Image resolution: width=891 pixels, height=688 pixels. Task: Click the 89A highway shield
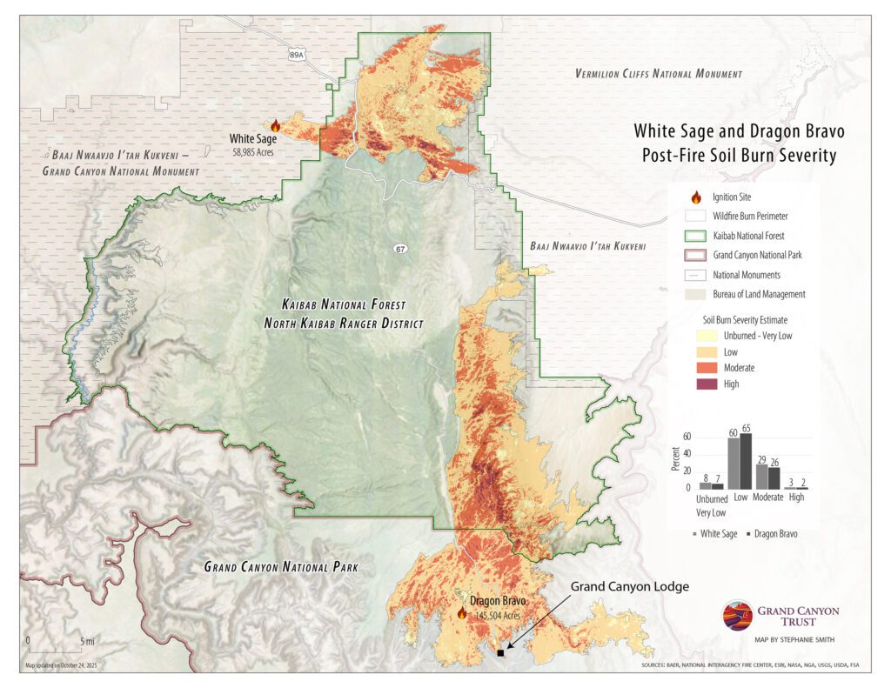[297, 54]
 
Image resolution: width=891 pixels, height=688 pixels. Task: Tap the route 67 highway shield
[399, 250]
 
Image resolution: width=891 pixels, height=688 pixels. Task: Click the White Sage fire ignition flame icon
[276, 126]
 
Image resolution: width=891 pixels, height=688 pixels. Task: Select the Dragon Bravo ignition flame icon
[462, 613]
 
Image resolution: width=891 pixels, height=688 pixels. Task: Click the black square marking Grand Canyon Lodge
[499, 652]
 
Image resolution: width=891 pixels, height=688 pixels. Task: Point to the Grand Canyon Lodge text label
[629, 587]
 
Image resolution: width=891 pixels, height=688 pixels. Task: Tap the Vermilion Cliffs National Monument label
[658, 74]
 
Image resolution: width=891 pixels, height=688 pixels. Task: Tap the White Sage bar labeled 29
[761, 477]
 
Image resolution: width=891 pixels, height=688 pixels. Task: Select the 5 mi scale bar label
[86, 641]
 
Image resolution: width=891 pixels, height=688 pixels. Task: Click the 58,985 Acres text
[254, 151]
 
